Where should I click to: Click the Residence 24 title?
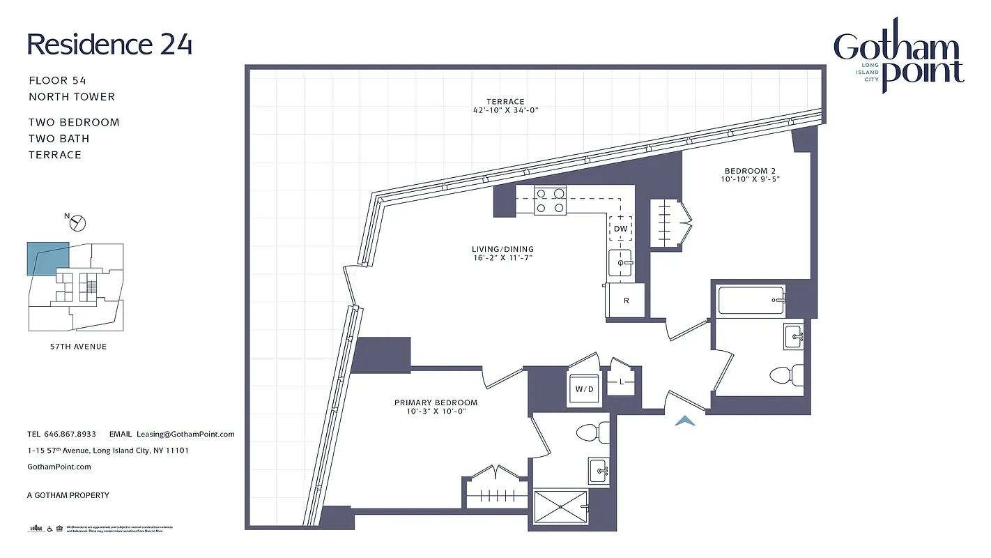coord(109,44)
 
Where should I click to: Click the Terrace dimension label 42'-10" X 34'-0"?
coord(505,110)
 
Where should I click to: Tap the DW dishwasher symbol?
coord(620,228)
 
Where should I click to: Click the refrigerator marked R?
coord(626,301)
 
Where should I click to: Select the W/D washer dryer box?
coord(583,389)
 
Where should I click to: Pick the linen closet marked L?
coord(622,382)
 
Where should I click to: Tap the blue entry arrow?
coord(686,420)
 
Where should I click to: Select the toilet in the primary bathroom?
coord(592,433)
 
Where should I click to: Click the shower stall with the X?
coord(560,507)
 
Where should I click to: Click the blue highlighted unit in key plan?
coord(47,257)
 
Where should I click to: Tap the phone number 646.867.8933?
coord(70,434)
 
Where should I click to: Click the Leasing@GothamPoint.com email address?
coord(185,434)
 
